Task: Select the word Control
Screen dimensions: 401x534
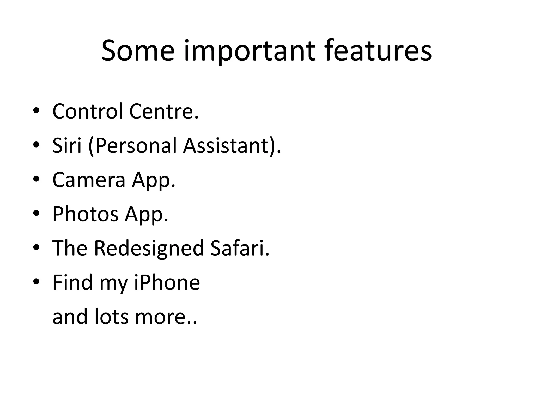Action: (x=88, y=111)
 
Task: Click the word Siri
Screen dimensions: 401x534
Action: (x=67, y=145)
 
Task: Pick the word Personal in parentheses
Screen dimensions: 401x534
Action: (x=136, y=145)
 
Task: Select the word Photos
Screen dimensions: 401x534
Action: (x=86, y=214)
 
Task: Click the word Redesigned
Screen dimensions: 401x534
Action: (x=149, y=248)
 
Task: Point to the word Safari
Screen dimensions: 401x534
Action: (x=239, y=248)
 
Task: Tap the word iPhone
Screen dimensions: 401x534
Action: (x=167, y=282)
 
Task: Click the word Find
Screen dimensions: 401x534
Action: (x=72, y=282)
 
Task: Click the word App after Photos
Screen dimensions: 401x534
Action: (x=146, y=214)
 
